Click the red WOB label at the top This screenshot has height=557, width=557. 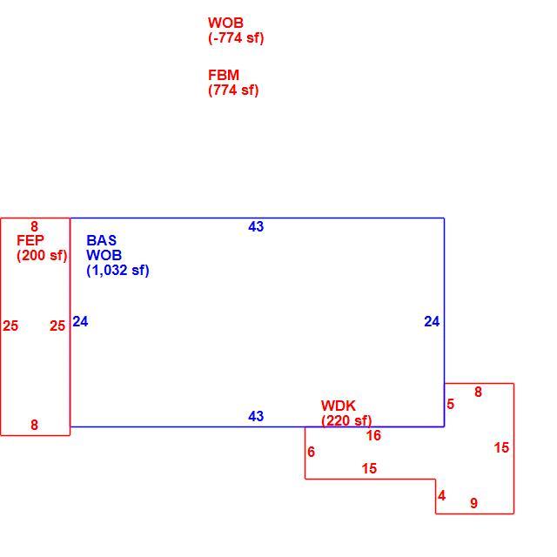(225, 23)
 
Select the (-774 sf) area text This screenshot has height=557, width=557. (236, 38)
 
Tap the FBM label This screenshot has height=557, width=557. (224, 75)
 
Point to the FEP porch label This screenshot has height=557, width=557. (30, 240)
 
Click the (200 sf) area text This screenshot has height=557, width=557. (42, 255)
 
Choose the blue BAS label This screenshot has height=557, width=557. (101, 240)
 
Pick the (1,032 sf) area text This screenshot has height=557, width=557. (117, 271)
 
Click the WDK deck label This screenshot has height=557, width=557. (339, 406)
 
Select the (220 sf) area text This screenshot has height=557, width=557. (346, 421)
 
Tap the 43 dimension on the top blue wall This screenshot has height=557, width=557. (256, 226)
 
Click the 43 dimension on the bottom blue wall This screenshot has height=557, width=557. (256, 416)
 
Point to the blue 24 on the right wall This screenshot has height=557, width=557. (432, 321)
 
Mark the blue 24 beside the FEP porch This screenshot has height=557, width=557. (80, 321)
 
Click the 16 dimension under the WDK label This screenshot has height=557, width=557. (373, 435)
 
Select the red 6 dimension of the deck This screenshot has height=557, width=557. (312, 452)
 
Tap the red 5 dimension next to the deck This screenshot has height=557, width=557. (451, 404)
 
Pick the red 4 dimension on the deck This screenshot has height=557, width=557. (441, 495)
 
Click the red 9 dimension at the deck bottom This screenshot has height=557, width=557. (473, 503)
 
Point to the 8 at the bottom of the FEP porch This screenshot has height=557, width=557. (34, 425)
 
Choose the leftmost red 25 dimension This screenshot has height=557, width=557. (10, 325)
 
